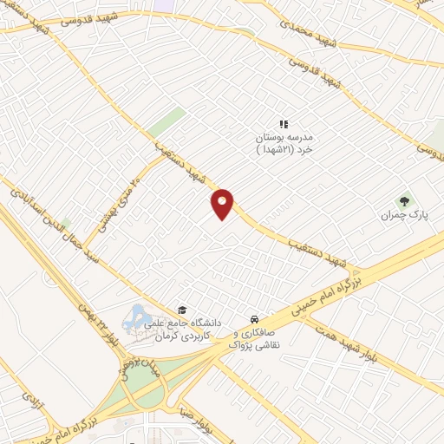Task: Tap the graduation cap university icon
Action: (x=182, y=310)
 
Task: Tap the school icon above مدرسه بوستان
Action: (x=283, y=125)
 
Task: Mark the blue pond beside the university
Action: (x=136, y=318)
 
